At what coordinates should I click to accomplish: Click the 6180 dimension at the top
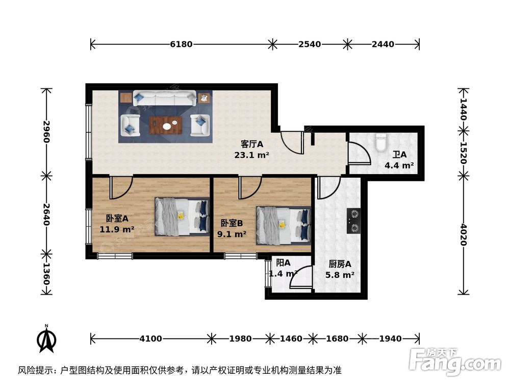[181, 44]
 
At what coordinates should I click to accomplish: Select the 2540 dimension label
[310, 44]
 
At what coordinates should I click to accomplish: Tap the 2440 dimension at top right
[383, 44]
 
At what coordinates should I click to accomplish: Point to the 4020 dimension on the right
[463, 234]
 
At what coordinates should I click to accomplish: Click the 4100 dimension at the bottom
[150, 339]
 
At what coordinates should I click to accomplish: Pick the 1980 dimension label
[240, 339]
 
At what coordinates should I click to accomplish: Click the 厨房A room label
[340, 264]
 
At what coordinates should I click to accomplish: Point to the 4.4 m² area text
[399, 165]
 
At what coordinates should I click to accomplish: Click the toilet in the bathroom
[381, 142]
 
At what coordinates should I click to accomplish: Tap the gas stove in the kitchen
[354, 221]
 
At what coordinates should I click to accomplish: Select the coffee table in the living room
[166, 124]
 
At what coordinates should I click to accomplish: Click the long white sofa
[164, 98]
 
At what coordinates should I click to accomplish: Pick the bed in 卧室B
[283, 223]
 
